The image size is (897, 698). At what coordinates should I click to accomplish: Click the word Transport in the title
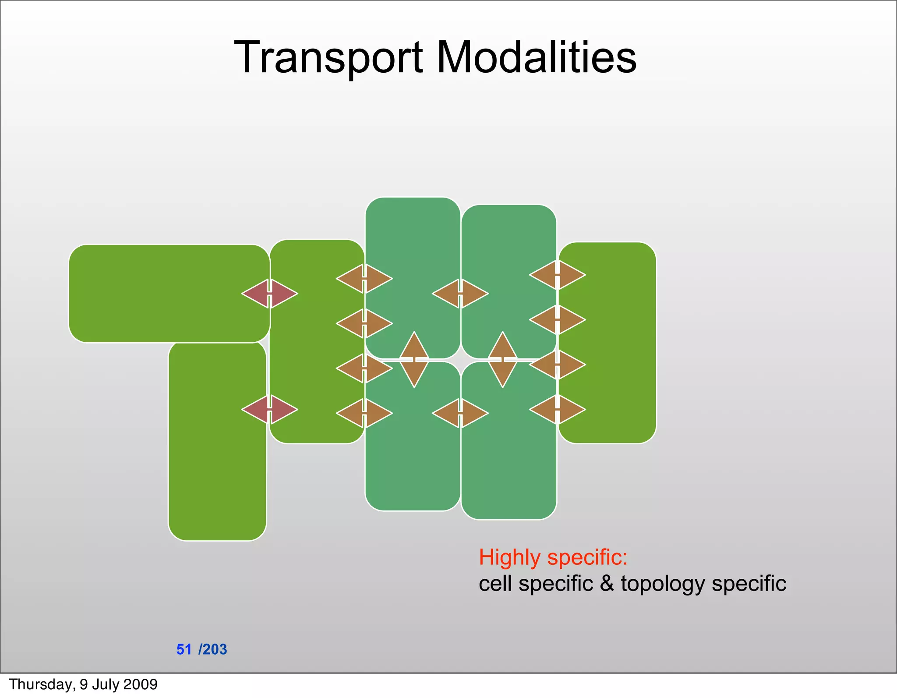pyautogui.click(x=328, y=58)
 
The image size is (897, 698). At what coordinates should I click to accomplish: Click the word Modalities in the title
pyautogui.click(x=536, y=58)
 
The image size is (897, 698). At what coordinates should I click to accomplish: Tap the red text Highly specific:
pyautogui.click(x=553, y=557)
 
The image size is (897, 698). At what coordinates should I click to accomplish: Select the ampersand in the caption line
pyautogui.click(x=607, y=584)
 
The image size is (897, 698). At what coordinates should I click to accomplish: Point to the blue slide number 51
pyautogui.click(x=184, y=649)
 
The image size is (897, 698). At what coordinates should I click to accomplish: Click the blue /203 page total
pyautogui.click(x=213, y=649)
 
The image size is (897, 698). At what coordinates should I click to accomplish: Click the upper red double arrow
pyautogui.click(x=270, y=294)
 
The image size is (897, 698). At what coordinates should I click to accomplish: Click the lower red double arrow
pyautogui.click(x=270, y=410)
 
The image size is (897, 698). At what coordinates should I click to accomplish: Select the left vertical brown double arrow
pyautogui.click(x=414, y=360)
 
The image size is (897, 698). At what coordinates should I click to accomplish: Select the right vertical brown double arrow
pyautogui.click(x=503, y=360)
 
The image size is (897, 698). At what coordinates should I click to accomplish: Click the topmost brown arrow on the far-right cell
pyautogui.click(x=557, y=275)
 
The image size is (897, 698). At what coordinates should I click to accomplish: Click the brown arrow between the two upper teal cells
pyautogui.click(x=460, y=294)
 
